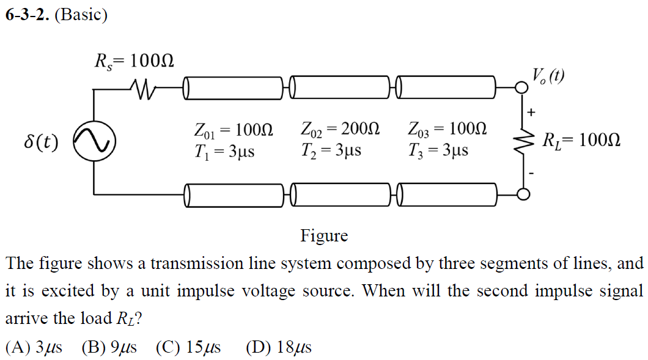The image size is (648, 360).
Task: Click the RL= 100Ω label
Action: pyautogui.click(x=581, y=141)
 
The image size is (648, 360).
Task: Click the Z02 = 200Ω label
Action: pyautogui.click(x=341, y=130)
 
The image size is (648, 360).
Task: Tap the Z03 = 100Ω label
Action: pyautogui.click(x=447, y=130)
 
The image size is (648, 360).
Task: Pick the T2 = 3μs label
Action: pyautogui.click(x=331, y=150)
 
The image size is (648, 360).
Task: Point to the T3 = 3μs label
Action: pyautogui.click(x=438, y=150)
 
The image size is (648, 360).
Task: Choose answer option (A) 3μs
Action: pyautogui.click(x=34, y=347)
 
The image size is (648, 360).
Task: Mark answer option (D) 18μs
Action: pyautogui.click(x=279, y=347)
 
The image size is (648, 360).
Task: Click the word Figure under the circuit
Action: pyautogui.click(x=324, y=235)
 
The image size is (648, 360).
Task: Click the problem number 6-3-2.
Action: pyautogui.click(x=27, y=15)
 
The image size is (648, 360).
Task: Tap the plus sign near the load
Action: pyautogui.click(x=531, y=112)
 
